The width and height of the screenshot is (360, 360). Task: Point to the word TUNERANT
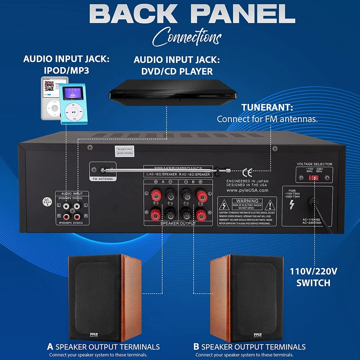(267, 107)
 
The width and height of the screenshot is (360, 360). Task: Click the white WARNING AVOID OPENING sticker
(124, 151)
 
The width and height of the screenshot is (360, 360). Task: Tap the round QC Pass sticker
(46, 202)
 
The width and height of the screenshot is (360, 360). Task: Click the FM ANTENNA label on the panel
(103, 179)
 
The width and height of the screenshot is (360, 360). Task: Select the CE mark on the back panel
(247, 172)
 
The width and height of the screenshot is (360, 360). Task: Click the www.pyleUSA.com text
(247, 190)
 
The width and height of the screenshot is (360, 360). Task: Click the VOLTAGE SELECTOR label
(314, 164)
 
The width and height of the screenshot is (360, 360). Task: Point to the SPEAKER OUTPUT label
(178, 223)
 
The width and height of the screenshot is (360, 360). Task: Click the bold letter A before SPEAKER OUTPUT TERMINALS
(50, 346)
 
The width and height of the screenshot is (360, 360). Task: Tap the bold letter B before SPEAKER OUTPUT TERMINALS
(196, 346)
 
